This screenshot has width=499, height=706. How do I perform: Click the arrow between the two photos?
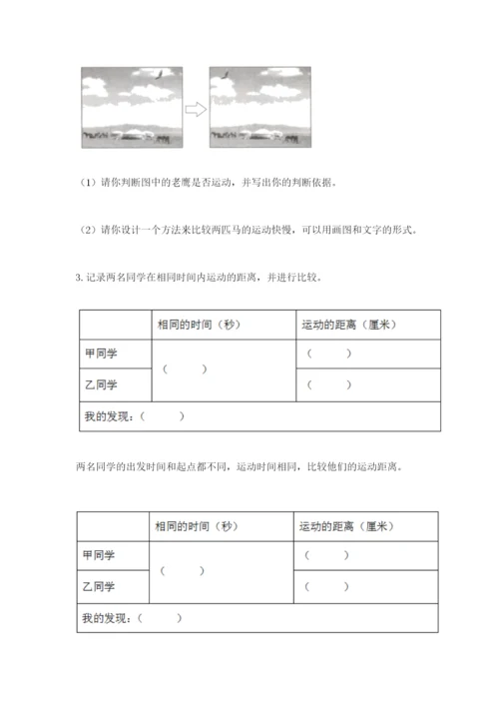pyautogui.click(x=196, y=109)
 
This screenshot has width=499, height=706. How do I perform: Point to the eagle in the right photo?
pyautogui.click(x=226, y=75)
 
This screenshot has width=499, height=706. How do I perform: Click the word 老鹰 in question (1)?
pyautogui.click(x=173, y=183)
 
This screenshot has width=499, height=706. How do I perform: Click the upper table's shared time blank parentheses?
pyautogui.click(x=185, y=369)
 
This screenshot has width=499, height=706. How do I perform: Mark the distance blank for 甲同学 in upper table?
pyautogui.click(x=329, y=353)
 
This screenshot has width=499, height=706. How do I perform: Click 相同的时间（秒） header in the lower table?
pyautogui.click(x=196, y=526)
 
